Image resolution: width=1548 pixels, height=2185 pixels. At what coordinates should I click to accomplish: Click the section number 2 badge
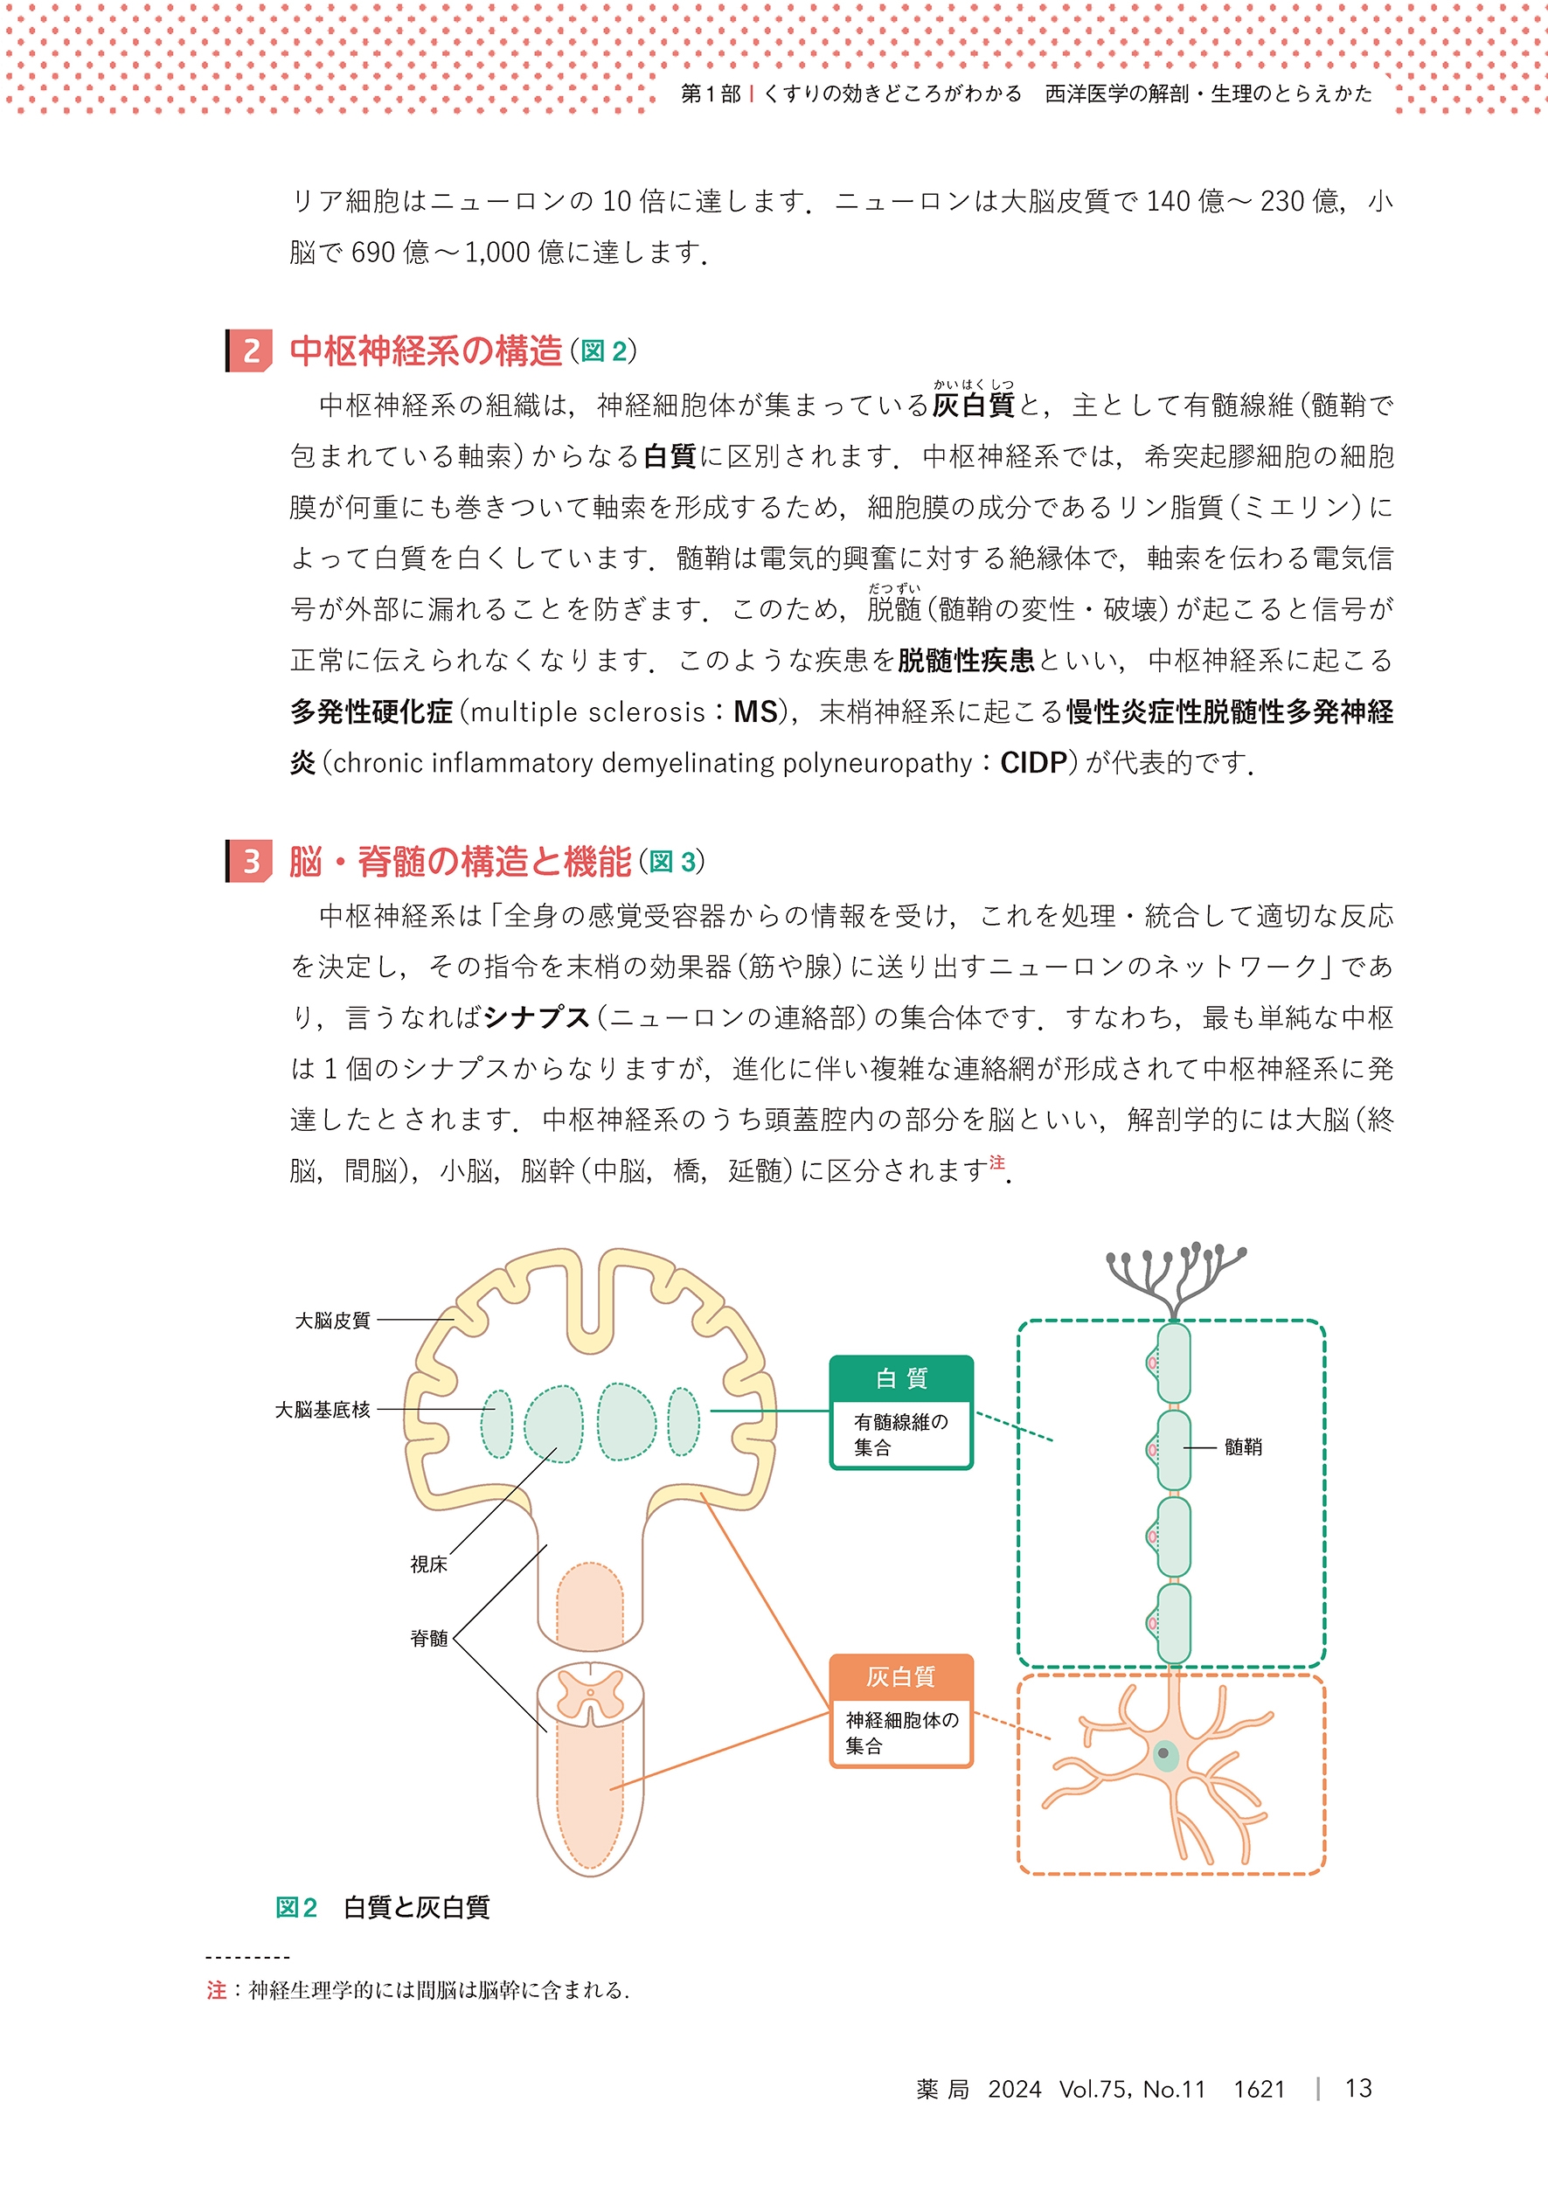(251, 350)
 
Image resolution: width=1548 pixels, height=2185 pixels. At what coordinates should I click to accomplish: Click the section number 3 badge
(251, 862)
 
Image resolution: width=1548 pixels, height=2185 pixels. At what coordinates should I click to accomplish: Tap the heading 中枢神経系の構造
(426, 350)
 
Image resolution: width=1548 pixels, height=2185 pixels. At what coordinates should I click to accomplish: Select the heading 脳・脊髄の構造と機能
(461, 862)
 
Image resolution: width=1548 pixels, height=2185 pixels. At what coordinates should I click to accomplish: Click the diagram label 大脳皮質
(332, 1321)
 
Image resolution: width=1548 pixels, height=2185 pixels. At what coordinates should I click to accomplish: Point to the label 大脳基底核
(323, 1410)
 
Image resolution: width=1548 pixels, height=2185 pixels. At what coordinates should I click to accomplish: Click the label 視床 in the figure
(428, 1564)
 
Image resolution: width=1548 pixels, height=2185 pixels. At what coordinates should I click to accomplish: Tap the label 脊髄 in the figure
(428, 1638)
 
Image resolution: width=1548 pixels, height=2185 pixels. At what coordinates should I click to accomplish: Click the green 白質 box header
(901, 1378)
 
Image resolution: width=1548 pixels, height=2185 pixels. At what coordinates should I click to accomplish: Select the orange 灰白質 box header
(901, 1676)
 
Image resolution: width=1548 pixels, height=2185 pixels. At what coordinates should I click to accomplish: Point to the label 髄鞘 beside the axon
(1243, 1446)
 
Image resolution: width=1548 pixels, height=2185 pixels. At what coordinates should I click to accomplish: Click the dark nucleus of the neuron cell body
(1163, 1752)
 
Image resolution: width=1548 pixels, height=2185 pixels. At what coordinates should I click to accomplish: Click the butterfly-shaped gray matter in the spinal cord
(590, 1693)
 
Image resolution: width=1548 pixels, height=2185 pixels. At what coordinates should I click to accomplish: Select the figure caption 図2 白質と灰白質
(383, 1907)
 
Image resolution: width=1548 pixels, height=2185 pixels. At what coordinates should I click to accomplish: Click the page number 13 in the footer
(1358, 2088)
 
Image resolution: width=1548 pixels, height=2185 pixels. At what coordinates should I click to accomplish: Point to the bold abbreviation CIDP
(1033, 763)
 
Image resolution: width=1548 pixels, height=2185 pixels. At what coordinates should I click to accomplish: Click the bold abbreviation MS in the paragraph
(755, 711)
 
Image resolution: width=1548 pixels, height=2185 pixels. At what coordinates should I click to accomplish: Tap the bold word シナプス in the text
(537, 1017)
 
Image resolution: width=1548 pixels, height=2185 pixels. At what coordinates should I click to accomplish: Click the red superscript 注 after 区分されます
(996, 1162)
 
